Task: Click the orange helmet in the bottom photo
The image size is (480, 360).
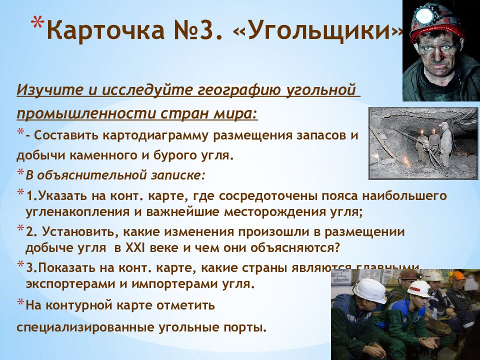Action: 458,275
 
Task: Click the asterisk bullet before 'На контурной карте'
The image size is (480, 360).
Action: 20,302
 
